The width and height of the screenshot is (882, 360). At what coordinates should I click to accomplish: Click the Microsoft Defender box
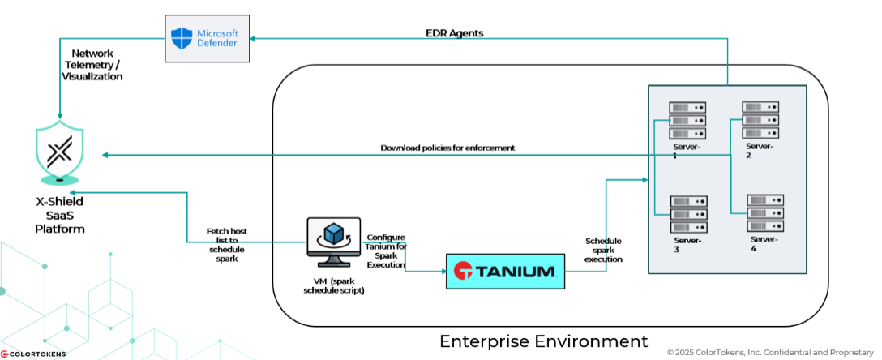(x=206, y=38)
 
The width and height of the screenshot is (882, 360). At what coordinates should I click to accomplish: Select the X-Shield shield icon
(x=59, y=152)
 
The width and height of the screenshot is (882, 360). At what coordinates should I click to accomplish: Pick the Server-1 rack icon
(x=687, y=121)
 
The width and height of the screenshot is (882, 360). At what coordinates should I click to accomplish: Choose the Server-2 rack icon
(x=760, y=120)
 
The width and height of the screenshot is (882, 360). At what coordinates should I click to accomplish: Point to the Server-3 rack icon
(x=687, y=214)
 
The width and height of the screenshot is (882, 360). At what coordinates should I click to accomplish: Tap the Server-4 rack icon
(x=764, y=213)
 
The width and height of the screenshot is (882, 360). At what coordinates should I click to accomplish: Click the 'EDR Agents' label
(x=455, y=33)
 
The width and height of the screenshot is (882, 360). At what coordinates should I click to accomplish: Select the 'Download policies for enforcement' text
(x=447, y=148)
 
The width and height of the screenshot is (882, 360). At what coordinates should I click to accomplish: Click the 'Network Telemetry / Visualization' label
(x=92, y=65)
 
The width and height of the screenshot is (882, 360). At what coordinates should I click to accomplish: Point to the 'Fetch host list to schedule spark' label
(x=227, y=245)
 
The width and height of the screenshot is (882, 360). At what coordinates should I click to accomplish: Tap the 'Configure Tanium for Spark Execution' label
(x=387, y=251)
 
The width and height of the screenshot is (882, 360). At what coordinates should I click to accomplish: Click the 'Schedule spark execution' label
(x=603, y=250)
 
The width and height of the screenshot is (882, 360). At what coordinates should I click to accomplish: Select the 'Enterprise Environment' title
(x=543, y=341)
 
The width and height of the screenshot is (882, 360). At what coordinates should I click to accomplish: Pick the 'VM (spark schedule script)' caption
(x=333, y=285)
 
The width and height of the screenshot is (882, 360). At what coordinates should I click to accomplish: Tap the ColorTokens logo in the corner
(x=31, y=354)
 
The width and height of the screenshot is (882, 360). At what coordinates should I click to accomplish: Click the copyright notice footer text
(x=769, y=352)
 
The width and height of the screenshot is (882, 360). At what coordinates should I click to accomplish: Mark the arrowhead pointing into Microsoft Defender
(x=252, y=38)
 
